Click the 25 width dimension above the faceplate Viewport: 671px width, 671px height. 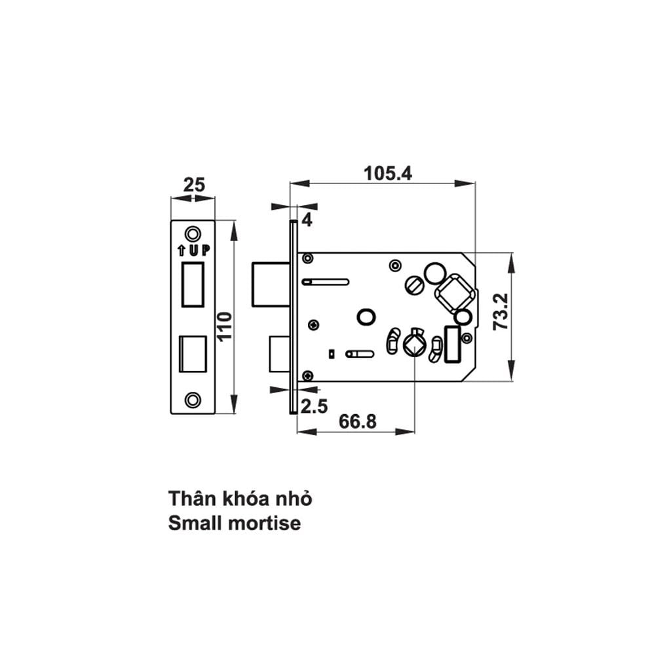point(193,185)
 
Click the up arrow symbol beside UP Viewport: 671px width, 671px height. point(181,250)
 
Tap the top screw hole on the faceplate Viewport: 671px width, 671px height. point(193,233)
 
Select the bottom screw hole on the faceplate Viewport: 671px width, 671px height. point(193,400)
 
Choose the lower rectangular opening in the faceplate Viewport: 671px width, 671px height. point(193,355)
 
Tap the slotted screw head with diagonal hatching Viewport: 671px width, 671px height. point(413,286)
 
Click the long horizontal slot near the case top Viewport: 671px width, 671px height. point(326,282)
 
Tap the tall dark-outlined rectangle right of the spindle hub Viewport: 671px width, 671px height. point(451,343)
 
